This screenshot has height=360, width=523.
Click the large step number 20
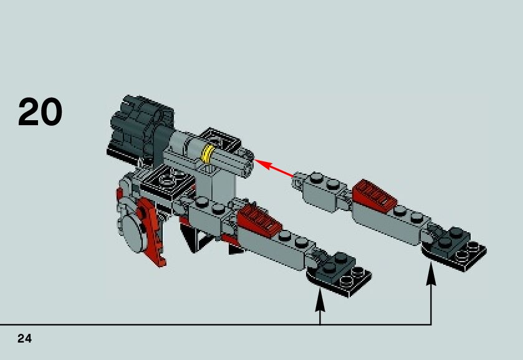click(x=41, y=113)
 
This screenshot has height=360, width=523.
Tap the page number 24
click(x=24, y=339)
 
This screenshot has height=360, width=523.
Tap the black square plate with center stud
click(x=166, y=180)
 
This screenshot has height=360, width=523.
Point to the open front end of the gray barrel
click(x=247, y=164)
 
